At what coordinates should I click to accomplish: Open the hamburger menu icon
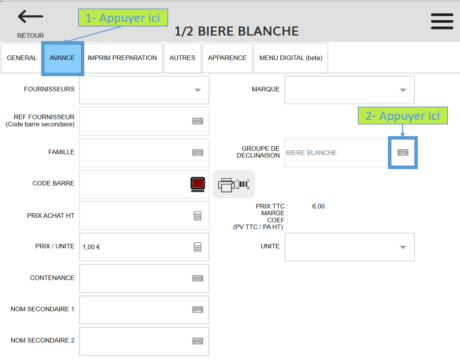442,21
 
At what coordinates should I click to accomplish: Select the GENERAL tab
22,58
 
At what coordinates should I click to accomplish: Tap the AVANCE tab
62,58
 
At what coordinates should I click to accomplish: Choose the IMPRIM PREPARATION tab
122,58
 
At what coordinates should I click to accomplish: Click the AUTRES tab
182,58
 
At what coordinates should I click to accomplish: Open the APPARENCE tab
227,58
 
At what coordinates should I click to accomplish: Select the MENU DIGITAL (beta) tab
290,58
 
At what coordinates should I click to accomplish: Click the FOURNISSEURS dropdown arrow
198,90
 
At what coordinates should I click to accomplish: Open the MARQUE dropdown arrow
403,90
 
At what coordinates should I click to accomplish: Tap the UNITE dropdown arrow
403,247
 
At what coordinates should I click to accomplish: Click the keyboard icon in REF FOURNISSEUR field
198,121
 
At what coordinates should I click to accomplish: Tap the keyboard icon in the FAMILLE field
198,152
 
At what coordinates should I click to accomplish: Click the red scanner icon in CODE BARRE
198,184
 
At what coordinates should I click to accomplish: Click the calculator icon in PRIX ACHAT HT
198,216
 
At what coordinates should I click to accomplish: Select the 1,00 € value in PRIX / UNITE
91,247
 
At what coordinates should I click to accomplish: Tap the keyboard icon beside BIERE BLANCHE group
403,152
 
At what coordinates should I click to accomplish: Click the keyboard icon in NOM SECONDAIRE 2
198,341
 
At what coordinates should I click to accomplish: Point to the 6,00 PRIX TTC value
318,206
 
